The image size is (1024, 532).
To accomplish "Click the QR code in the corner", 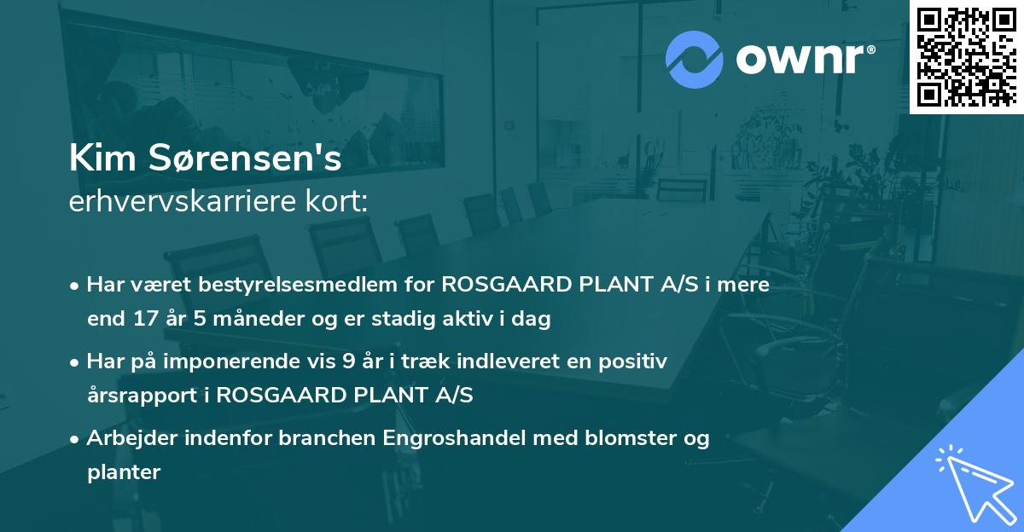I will coord(966,56).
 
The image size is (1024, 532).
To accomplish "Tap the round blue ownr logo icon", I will coord(694,59).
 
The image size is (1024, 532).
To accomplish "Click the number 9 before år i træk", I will coord(347,361).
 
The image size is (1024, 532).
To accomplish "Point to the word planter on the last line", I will coord(124,473).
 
